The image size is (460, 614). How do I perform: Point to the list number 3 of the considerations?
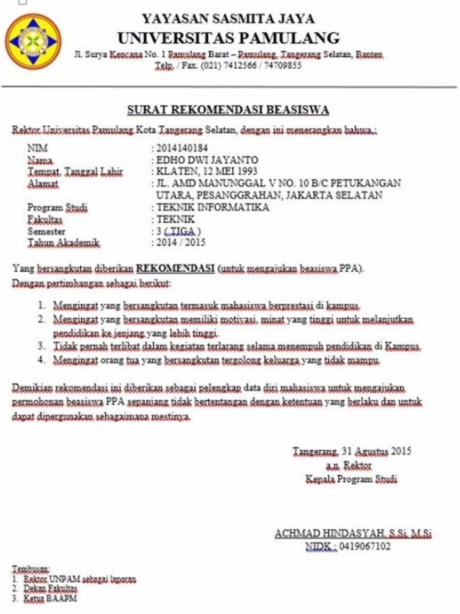tap(41, 347)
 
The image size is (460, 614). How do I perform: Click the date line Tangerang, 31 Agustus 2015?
tap(351, 452)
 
